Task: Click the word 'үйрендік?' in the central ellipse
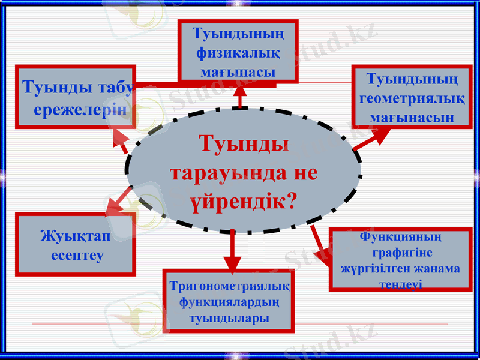pyautogui.click(x=244, y=201)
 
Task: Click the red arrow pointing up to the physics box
pyautogui.click(x=240, y=96)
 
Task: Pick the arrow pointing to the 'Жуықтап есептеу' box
pyautogui.click(x=120, y=202)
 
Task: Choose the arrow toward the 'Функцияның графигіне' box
pyautogui.click(x=319, y=246)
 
